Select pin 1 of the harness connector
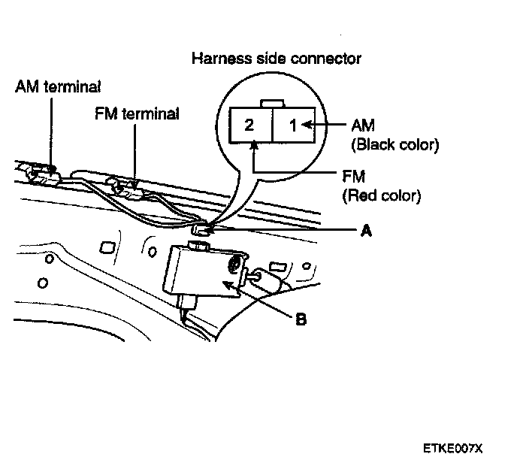[294, 125]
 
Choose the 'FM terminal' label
[137, 114]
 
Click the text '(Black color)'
[384, 144]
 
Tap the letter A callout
[366, 231]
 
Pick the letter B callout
[301, 320]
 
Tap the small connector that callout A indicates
[202, 228]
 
